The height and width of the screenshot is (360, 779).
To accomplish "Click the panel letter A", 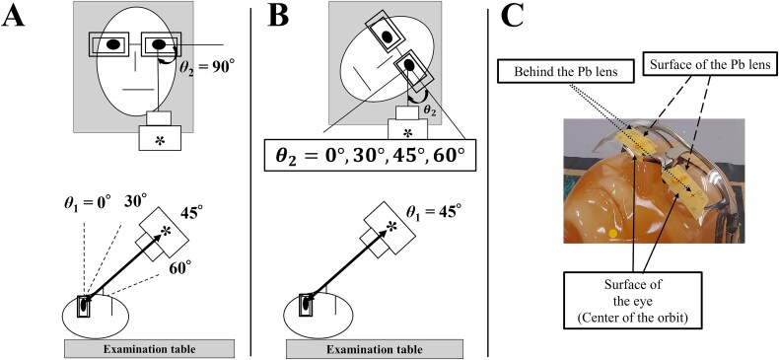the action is point(14,18).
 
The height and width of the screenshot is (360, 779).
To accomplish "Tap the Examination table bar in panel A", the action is point(149,349).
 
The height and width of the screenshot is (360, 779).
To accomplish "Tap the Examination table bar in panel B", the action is point(375,349).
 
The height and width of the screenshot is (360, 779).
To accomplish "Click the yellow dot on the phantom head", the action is point(613,233).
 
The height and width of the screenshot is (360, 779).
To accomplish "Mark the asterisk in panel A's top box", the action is point(160,140).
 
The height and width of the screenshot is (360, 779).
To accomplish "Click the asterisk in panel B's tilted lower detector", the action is point(392,227).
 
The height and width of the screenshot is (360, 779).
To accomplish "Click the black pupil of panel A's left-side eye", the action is point(113,44).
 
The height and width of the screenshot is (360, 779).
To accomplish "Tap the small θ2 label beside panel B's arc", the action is point(431,111).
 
